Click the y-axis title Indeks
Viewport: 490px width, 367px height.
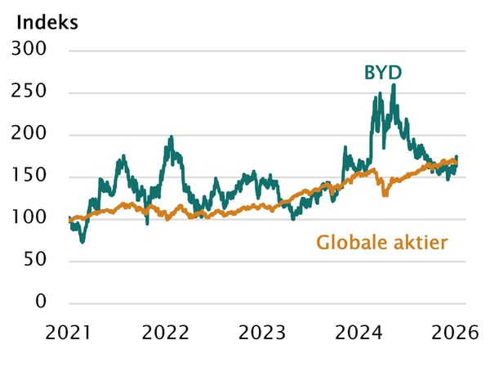coord(47,22)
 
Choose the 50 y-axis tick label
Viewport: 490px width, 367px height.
coord(38,261)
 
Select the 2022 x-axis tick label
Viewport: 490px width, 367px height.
coord(167,333)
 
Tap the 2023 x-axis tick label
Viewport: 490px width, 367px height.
coord(263,333)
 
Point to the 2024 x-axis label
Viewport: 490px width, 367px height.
coord(359,333)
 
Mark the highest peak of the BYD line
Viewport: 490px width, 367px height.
coord(394,85)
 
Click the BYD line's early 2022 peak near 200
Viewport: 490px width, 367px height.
coord(171,137)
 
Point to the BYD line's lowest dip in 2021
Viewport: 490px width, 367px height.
coord(82,241)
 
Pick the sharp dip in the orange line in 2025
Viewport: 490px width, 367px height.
coord(385,195)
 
